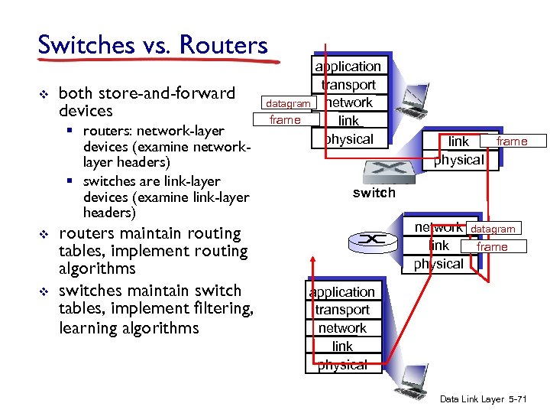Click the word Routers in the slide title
pyautogui.click(x=223, y=44)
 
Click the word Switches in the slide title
pyautogui.click(x=85, y=44)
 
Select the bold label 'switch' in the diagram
pyautogui.click(x=374, y=193)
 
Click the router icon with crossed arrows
pyautogui.click(x=372, y=240)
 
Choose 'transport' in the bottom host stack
pyautogui.click(x=341, y=310)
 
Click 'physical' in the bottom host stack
pyautogui.click(x=341, y=365)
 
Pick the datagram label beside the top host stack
pyautogui.click(x=287, y=103)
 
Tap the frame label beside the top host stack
pyautogui.click(x=285, y=120)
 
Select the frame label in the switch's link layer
pyautogui.click(x=511, y=141)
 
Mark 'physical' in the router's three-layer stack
pyautogui.click(x=438, y=264)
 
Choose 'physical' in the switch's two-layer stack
pyautogui.click(x=458, y=159)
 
